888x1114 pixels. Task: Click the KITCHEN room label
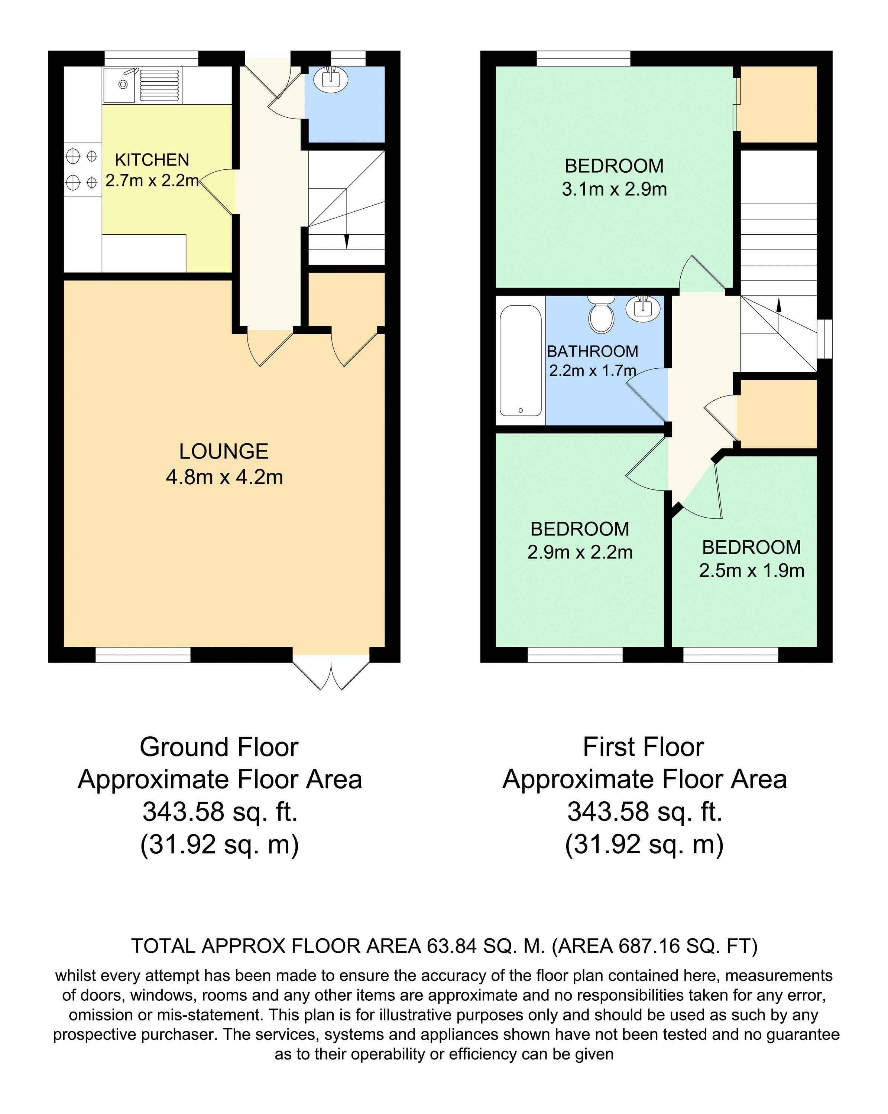pyautogui.click(x=152, y=160)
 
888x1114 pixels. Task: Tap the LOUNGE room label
pyautogui.click(x=224, y=452)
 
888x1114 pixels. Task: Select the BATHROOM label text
pyautogui.click(x=592, y=351)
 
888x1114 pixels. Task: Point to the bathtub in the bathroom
pyautogui.click(x=521, y=361)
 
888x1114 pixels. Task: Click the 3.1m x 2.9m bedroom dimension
pyautogui.click(x=614, y=189)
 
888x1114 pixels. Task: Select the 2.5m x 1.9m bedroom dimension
pyautogui.click(x=752, y=570)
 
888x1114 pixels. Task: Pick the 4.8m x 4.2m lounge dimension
pyautogui.click(x=224, y=477)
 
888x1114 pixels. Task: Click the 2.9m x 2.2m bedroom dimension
pyautogui.click(x=580, y=552)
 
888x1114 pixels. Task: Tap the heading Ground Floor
pyautogui.click(x=219, y=747)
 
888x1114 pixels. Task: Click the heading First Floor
pyautogui.click(x=644, y=747)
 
